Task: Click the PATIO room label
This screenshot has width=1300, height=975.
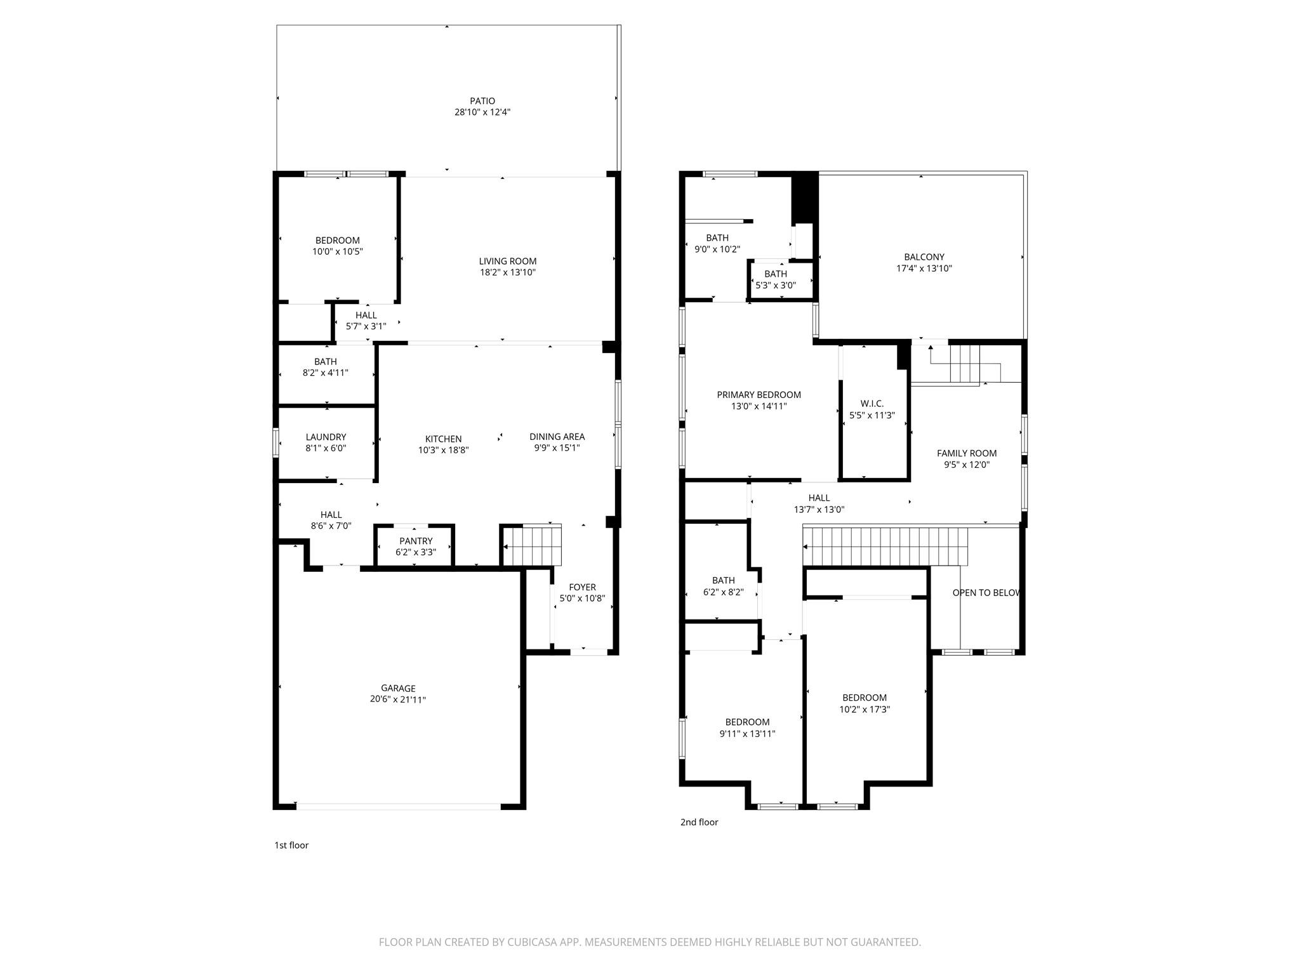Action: (x=482, y=101)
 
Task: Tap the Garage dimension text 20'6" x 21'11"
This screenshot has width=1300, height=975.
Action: (x=398, y=700)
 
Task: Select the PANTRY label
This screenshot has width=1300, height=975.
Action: (x=416, y=541)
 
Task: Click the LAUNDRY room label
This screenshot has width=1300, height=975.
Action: (x=326, y=437)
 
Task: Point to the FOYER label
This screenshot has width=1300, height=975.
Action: (x=582, y=587)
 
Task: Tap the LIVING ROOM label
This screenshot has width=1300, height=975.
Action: (x=507, y=261)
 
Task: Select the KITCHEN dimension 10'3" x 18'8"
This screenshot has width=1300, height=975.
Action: (x=443, y=450)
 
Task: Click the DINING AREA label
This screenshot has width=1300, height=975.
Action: (x=557, y=436)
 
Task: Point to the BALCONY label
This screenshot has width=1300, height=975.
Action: (x=924, y=257)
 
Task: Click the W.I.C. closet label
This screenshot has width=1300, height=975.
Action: (x=872, y=404)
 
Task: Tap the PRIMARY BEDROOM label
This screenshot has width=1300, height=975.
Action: (x=759, y=395)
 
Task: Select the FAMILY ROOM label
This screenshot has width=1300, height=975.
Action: (x=966, y=453)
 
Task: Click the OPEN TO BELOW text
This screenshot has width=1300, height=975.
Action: (x=986, y=593)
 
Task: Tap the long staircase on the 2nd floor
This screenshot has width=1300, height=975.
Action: (x=885, y=546)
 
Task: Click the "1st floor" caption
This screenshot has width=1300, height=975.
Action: (x=291, y=845)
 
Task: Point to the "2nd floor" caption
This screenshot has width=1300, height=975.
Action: (x=699, y=822)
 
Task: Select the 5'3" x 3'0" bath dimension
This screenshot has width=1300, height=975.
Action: (x=775, y=286)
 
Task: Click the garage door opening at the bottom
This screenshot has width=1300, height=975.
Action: (x=398, y=807)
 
